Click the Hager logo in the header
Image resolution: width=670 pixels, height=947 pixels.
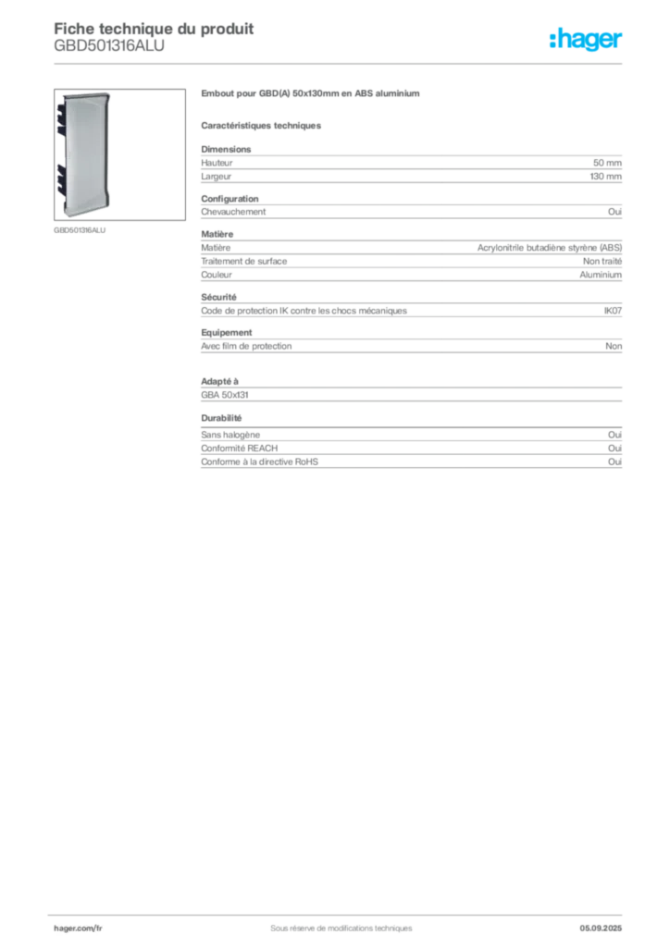[586, 39]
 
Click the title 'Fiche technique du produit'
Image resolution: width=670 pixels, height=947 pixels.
[154, 29]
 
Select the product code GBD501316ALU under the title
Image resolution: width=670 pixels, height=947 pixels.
[109, 46]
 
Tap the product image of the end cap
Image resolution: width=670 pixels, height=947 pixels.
[119, 154]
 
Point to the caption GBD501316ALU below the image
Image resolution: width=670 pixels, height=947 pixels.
[80, 230]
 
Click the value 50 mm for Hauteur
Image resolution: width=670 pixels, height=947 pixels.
[607, 163]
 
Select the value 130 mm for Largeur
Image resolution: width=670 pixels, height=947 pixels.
[605, 177]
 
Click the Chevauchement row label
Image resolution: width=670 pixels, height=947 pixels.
[233, 212]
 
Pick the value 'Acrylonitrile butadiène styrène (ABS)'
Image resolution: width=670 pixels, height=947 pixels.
[549, 248]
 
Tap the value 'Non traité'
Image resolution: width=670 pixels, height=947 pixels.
[602, 262]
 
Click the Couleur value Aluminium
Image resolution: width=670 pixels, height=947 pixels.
[601, 275]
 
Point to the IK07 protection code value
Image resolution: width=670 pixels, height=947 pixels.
[613, 311]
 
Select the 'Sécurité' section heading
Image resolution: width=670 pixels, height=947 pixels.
[218, 297]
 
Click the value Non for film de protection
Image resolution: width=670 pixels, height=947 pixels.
[614, 346]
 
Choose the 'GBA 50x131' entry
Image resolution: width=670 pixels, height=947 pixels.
[225, 395]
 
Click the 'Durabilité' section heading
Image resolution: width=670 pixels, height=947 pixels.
[221, 418]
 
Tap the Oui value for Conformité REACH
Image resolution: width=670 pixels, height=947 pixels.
[614, 449]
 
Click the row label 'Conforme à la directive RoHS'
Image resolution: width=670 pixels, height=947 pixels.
[259, 462]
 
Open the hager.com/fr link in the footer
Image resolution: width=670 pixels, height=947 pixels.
[78, 929]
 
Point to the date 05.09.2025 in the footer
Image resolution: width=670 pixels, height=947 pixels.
[601, 929]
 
